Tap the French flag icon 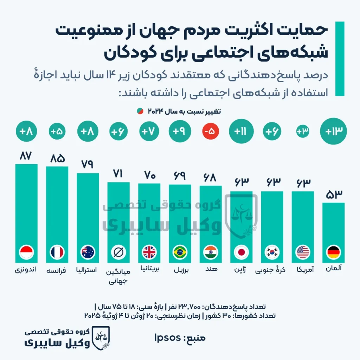click(57, 252)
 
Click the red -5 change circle click(211, 132)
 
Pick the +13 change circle click(333, 132)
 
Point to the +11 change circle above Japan click(241, 132)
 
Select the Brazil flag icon click(180, 252)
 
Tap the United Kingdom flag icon click(149, 252)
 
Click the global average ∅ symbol click(118, 252)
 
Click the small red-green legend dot click(140, 111)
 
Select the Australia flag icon click(88, 252)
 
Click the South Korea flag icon click(272, 252)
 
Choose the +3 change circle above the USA click(303, 132)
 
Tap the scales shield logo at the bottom click(100, 337)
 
